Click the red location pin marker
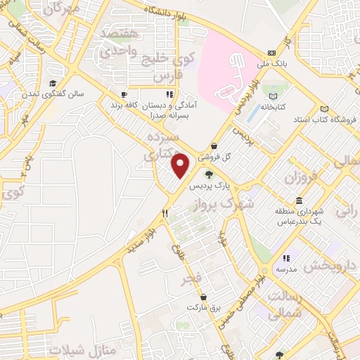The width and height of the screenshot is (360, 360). tap(181, 165)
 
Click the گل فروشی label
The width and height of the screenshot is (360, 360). tap(213, 158)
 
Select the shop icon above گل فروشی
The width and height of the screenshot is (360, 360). tap(213, 146)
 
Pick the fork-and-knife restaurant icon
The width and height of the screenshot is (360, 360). tap(165, 212)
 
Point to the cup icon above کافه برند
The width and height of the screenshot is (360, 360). tap(124, 94)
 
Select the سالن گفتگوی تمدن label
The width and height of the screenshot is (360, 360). tap(61, 94)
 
